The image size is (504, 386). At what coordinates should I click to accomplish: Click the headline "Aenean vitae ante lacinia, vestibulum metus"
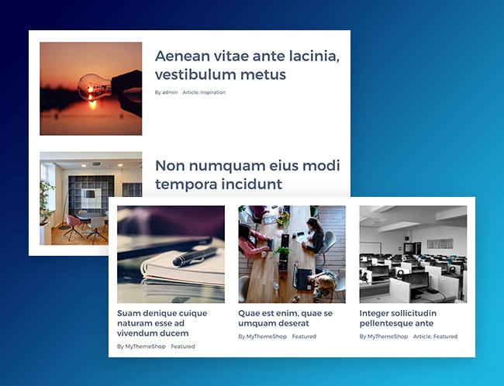pos(247,65)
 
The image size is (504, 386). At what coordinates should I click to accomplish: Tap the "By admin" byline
pos(166,92)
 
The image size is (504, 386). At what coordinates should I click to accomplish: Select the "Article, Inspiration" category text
pos(204,92)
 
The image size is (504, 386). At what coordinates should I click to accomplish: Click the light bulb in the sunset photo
pos(95,87)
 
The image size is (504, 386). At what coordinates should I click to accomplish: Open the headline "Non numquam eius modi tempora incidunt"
pos(247,175)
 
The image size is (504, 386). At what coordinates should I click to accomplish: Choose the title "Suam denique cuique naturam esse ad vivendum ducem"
pos(162,323)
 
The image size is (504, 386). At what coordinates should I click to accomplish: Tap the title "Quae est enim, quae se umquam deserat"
pos(285,319)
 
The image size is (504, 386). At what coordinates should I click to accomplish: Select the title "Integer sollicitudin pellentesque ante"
pos(398,319)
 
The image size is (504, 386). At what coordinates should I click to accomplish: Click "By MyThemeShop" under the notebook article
pos(141,346)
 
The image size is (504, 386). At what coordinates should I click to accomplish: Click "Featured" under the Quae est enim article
pos(304,336)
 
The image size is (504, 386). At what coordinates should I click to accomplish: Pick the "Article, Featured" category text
pos(435,336)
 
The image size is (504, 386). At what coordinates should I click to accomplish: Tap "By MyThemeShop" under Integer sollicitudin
pos(384,336)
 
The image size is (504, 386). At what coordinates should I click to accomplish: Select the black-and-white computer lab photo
pos(413,254)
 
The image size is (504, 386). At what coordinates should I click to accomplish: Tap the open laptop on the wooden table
pos(302,277)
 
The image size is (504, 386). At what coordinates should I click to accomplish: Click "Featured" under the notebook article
pos(183,346)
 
